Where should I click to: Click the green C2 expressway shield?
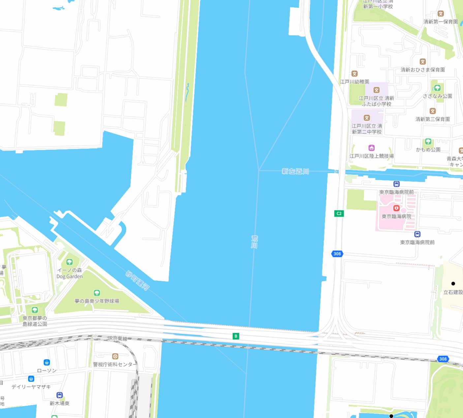pyautogui.click(x=339, y=213)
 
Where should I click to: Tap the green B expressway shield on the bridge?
pyautogui.click(x=236, y=336)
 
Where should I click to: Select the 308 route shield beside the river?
pyautogui.click(x=337, y=254)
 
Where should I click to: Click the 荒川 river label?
pyautogui.click(x=254, y=242)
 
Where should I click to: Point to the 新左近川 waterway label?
pyautogui.click(x=295, y=171)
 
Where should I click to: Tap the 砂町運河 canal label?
pyautogui.click(x=138, y=280)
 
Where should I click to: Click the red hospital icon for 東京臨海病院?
pyautogui.click(x=396, y=208)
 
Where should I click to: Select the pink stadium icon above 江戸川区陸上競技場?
pyautogui.click(x=372, y=148)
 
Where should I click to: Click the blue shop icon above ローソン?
pyautogui.click(x=47, y=362)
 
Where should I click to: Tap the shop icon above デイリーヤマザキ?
pyautogui.click(x=31, y=379)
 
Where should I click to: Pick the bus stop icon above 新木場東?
pyautogui.click(x=60, y=395)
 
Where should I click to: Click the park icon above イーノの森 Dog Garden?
pyautogui.click(x=69, y=262)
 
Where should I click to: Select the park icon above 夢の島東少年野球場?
pyautogui.click(x=97, y=293)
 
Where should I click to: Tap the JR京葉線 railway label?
pyautogui.click(x=117, y=338)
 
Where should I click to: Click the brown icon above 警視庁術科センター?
pyautogui.click(x=115, y=356)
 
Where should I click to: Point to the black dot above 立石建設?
pyautogui.click(x=453, y=284)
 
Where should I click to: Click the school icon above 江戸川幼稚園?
pyautogui.click(x=355, y=74)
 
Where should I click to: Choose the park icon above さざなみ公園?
pyautogui.click(x=437, y=88)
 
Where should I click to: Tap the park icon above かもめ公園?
pyautogui.click(x=428, y=142)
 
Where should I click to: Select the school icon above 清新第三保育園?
pyautogui.click(x=433, y=111)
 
